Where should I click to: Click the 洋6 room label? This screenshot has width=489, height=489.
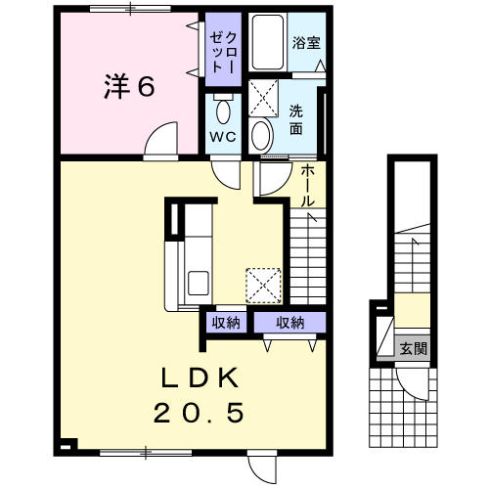pyautogui.click(x=129, y=86)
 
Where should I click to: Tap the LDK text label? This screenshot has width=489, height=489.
pyautogui.click(x=200, y=378)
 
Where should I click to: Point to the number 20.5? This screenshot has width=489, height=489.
pyautogui.click(x=199, y=413)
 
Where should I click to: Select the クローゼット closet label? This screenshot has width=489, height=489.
pyautogui.click(x=222, y=52)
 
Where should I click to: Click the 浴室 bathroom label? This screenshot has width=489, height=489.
pyautogui.click(x=306, y=43)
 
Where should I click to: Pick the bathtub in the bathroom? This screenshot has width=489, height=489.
pyautogui.click(x=267, y=42)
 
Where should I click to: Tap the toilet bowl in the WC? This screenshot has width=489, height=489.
pyautogui.click(x=223, y=110)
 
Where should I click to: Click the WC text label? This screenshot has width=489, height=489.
pyautogui.click(x=223, y=137)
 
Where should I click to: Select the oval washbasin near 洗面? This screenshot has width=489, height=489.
pyautogui.click(x=261, y=136)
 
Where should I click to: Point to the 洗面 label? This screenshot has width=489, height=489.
pyautogui.click(x=296, y=119)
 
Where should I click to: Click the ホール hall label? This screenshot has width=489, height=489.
pyautogui.click(x=307, y=185)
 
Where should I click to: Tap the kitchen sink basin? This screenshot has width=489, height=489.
pyautogui.click(x=199, y=283)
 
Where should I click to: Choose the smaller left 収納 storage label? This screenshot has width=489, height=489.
pyautogui.click(x=226, y=323)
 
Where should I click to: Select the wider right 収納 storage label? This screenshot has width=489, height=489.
pyautogui.click(x=290, y=323)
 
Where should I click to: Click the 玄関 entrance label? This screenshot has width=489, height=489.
pyautogui.click(x=414, y=349)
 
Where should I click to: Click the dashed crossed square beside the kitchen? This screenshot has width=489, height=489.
pyautogui.click(x=263, y=286)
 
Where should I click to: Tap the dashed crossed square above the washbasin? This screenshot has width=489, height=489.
pyautogui.click(x=263, y=98)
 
